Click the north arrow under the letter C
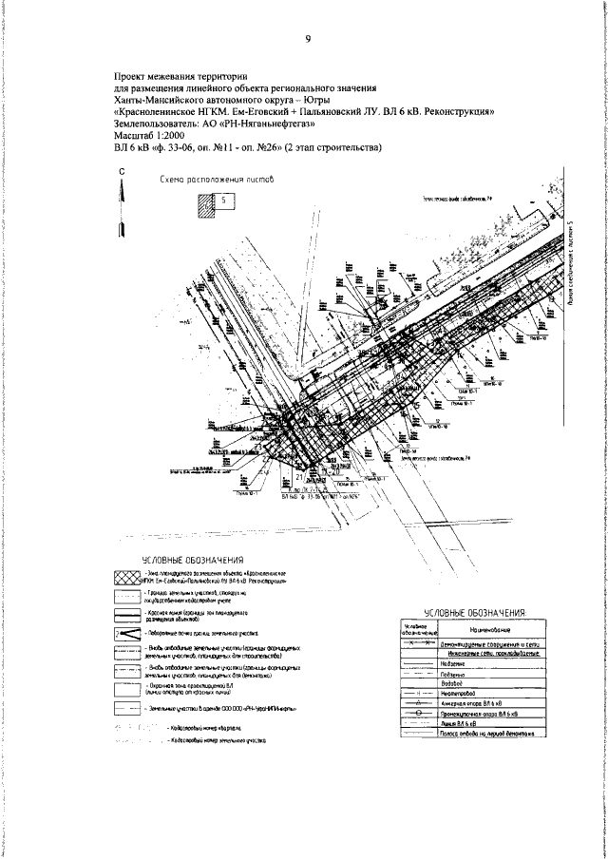(x=122, y=214)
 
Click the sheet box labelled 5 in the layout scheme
(x=222, y=201)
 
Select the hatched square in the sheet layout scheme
(x=205, y=208)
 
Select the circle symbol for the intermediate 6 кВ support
(x=418, y=713)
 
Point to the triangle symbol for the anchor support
(x=418, y=703)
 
